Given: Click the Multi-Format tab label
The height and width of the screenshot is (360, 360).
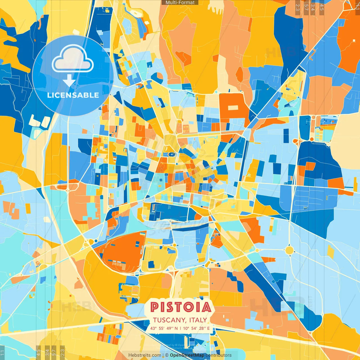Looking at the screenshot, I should point(180,3).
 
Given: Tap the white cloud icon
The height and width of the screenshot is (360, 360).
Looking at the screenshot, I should point(73,59).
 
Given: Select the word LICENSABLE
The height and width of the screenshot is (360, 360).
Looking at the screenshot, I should point(73,95).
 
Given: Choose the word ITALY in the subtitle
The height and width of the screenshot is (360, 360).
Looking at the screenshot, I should point(198,320).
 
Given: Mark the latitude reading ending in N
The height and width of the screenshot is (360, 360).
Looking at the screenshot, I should point(164,328).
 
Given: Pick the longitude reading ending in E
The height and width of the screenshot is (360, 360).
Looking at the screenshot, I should point(196,328).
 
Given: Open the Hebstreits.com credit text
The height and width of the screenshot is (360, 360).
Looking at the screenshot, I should point(145,355).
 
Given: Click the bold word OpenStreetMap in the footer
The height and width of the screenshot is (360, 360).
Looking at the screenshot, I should point(187,355).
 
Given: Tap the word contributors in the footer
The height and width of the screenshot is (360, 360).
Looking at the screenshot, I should point(219,355).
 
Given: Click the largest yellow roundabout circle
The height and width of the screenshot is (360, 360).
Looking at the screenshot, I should point(289,250).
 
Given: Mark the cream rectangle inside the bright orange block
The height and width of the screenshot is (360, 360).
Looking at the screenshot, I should point(233,108).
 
